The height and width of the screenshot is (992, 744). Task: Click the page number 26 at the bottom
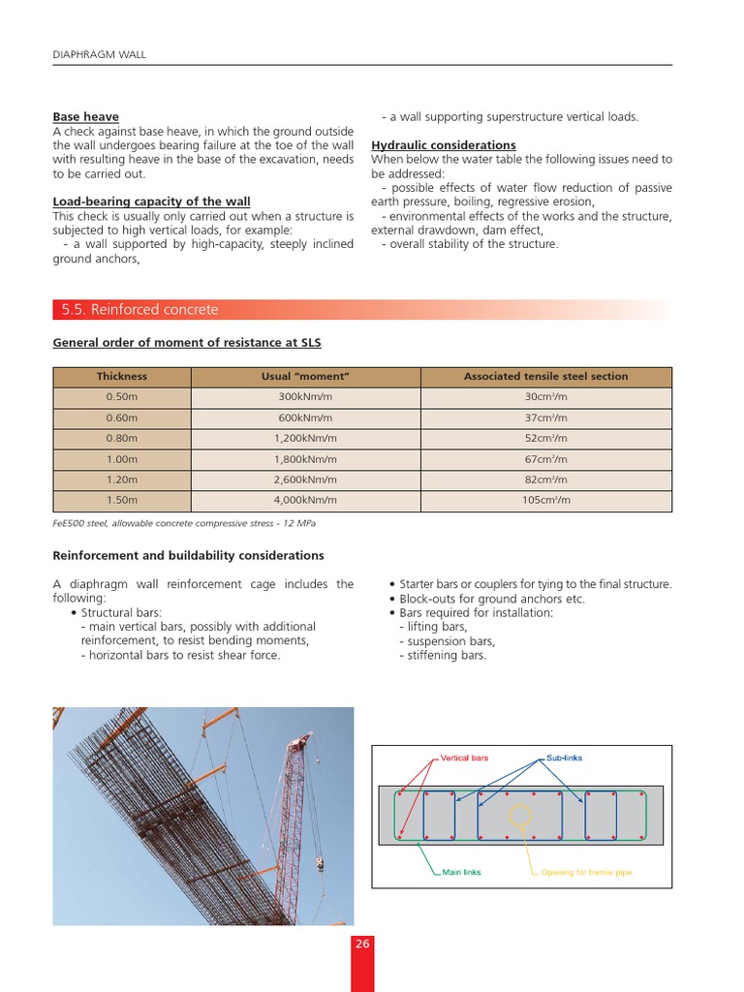362,945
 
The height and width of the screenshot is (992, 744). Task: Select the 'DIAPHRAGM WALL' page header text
99,54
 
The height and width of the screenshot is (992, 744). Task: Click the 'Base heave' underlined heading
85,117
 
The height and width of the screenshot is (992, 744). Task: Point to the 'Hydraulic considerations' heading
444,145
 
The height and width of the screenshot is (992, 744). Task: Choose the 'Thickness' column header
122,376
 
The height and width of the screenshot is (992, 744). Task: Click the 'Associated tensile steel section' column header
545,376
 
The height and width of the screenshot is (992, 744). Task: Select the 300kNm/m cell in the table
305,397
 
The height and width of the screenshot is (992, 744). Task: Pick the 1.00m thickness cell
122,459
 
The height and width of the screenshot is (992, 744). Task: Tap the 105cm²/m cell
545,501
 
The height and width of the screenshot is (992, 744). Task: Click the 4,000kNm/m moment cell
305,501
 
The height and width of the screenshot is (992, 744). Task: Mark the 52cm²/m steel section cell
545,439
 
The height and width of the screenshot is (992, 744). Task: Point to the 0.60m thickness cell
122,418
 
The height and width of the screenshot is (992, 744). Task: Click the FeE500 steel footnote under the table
184,523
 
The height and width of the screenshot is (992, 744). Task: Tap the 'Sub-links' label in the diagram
564,758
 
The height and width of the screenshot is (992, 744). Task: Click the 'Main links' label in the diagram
461,872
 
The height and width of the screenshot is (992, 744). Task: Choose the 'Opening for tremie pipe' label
586,872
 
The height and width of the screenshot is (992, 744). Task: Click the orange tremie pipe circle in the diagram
520,816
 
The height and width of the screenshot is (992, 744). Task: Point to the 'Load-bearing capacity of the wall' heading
151,201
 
